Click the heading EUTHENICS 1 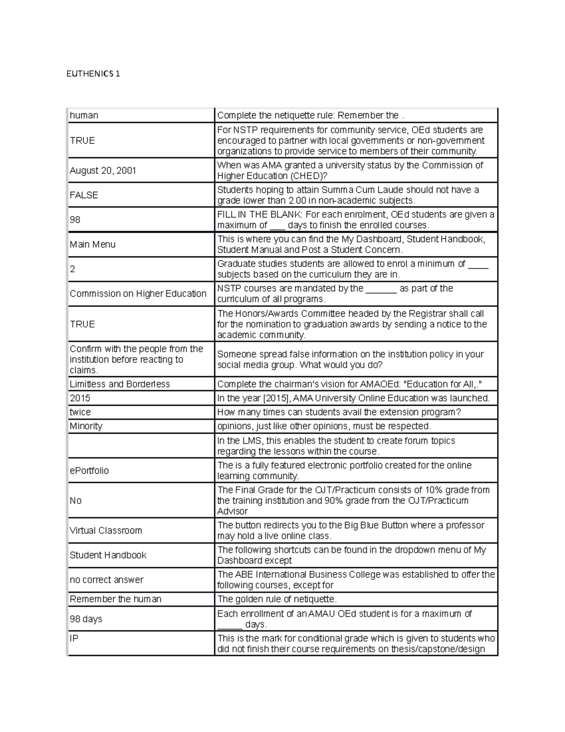point(93,74)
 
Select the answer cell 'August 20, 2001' point(103,171)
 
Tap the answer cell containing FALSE point(84,195)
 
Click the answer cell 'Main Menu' point(92,244)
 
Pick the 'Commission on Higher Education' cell point(138,294)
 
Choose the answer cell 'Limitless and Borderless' point(120,384)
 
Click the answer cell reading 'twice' point(80,412)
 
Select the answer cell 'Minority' point(86,426)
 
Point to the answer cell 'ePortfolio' point(89,470)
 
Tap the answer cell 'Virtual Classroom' point(105,530)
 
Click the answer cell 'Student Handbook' point(108,555)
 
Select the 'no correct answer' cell point(106,580)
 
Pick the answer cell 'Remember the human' point(115,599)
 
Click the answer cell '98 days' point(86,619)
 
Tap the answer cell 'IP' point(74,638)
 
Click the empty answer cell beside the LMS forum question point(141,446)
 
